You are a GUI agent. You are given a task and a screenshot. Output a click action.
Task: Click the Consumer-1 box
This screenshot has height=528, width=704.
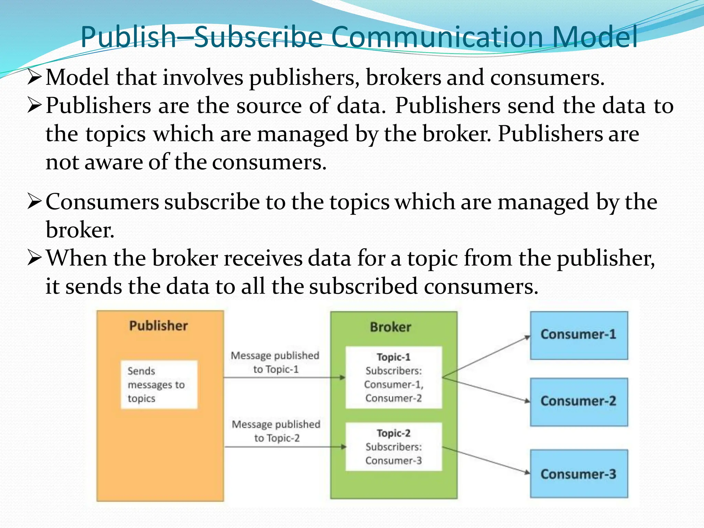coord(579,335)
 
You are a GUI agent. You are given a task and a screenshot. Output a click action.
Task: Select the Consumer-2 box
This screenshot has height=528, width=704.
coord(579,402)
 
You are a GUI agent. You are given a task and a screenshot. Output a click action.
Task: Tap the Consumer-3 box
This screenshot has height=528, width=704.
coord(579,473)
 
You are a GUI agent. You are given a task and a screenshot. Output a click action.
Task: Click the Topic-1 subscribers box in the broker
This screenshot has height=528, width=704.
coord(394,377)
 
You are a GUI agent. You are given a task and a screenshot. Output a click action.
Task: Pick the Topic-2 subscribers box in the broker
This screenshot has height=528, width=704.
coord(394,447)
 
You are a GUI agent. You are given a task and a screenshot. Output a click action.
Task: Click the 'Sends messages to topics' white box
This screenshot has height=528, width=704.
coord(159,385)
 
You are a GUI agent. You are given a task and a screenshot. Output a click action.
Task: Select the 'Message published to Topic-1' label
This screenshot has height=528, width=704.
coord(275,362)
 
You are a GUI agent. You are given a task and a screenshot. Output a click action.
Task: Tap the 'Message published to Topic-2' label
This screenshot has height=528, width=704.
coord(276,431)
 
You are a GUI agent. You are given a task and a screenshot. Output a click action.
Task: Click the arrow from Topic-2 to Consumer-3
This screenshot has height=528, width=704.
coord(486,460)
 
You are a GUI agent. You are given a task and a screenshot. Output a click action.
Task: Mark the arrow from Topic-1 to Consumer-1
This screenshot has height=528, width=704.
coord(486,357)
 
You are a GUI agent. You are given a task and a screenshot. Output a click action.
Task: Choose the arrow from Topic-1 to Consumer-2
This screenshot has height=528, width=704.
coord(486,389)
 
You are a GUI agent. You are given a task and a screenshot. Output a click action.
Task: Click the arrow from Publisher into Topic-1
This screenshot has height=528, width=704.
coord(284,378)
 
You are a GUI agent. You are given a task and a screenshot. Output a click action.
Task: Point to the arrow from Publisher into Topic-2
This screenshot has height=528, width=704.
coord(285,447)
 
